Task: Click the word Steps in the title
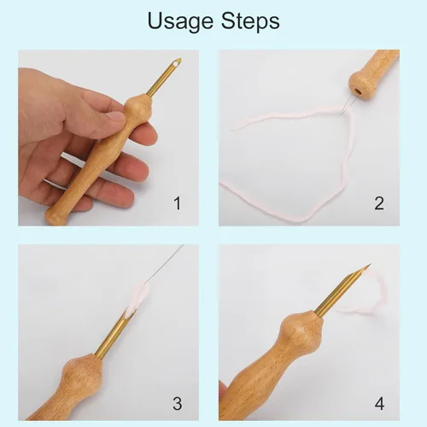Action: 250,21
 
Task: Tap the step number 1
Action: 177,203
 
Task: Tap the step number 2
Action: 379,203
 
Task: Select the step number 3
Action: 177,403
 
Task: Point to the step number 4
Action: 379,404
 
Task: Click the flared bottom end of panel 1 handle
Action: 55,217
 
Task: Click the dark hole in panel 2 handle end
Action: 358,91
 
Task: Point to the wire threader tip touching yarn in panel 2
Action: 342,114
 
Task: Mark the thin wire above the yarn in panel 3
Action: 164,264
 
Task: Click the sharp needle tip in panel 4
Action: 370,265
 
